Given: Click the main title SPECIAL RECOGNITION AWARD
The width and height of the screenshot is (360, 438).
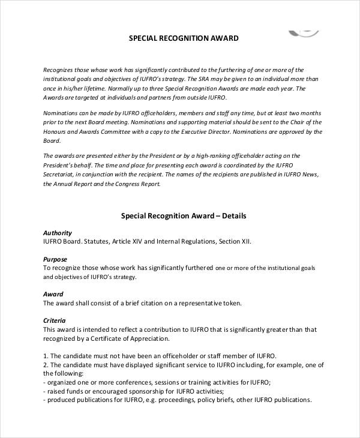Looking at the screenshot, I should tap(184, 38).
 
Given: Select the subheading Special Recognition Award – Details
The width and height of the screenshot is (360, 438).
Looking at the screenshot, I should tap(184, 215).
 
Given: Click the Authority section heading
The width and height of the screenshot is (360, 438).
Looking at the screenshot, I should tap(58, 233).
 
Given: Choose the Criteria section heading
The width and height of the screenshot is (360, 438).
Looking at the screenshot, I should tap(55, 320).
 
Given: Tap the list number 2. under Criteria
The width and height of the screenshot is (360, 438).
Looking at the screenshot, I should tap(46, 365).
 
